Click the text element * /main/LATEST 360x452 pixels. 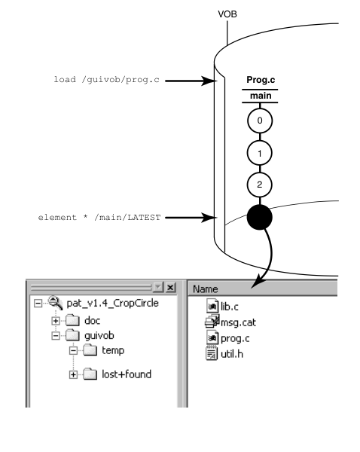tap(101, 218)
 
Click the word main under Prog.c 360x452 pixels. tap(260, 95)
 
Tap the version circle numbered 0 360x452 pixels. tap(260, 121)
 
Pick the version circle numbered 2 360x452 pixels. tap(260, 185)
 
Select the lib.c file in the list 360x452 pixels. tap(224, 307)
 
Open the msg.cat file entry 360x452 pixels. tap(227, 321)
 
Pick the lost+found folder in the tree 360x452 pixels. tap(124, 374)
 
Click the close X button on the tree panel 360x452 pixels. tap(170, 289)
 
